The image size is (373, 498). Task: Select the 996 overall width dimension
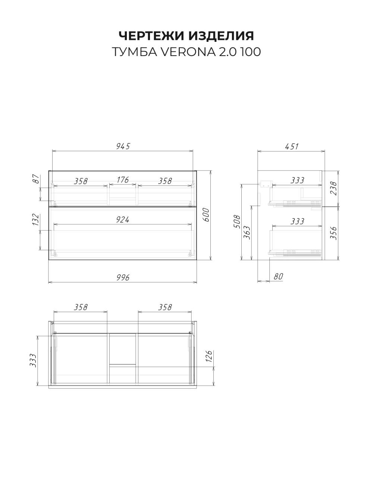coord(123,277)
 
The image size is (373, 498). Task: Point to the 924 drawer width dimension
coord(123,220)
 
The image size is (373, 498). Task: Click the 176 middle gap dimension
coord(123,180)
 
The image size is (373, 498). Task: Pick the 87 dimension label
coord(36,179)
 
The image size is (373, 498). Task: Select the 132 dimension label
coord(36,220)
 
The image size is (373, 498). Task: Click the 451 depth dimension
coord(292,147)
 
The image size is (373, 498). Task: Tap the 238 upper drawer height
coord(333,188)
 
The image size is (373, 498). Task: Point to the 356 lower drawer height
coord(333,233)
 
